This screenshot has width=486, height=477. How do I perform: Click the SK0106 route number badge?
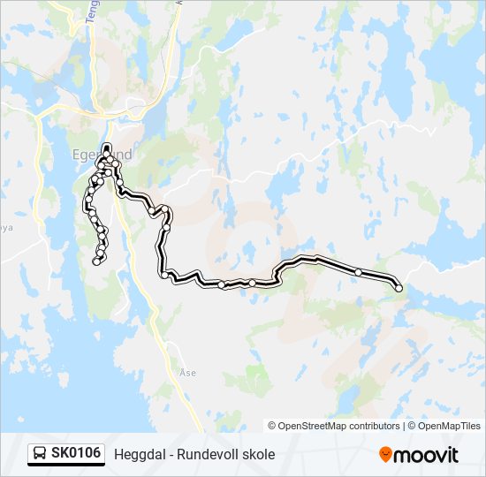(x=76, y=454)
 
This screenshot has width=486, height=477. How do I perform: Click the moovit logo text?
(x=428, y=455)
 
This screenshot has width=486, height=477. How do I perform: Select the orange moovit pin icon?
(x=385, y=454)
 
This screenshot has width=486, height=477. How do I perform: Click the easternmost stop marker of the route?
(x=399, y=288)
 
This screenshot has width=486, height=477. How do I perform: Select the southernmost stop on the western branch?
(x=96, y=261)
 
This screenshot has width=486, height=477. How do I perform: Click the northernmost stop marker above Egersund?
(x=107, y=147)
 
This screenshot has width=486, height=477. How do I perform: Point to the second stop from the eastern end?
(x=358, y=271)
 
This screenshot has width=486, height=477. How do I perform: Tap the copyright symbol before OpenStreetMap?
(x=272, y=426)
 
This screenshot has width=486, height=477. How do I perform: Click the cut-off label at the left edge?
(x=6, y=227)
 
